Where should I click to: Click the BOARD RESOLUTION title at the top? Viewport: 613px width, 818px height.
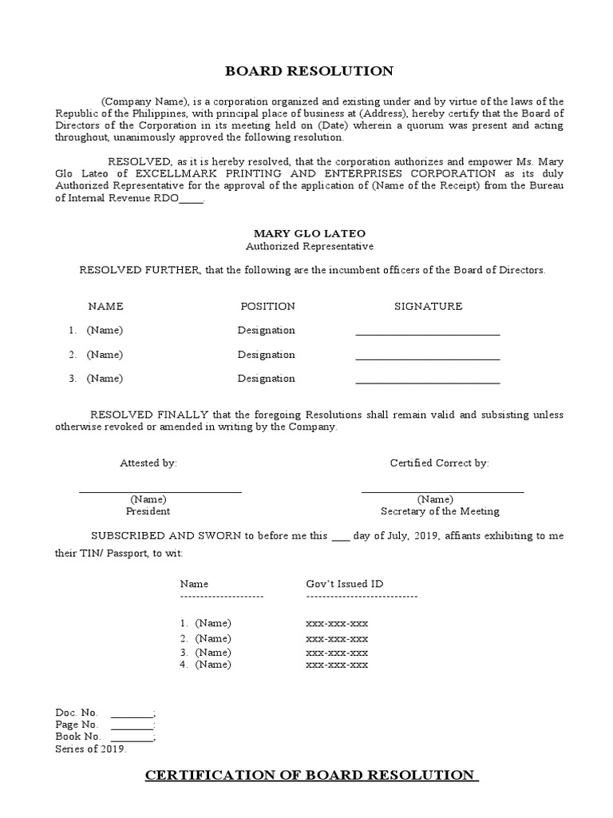tap(310, 71)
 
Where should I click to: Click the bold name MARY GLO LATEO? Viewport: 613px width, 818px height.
tap(309, 233)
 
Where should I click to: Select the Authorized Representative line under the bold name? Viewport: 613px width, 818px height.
tap(309, 247)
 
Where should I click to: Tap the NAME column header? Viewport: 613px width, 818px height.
tap(105, 306)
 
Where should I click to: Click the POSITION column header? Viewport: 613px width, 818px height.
tap(267, 306)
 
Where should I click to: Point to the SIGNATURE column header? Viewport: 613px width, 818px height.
tap(428, 306)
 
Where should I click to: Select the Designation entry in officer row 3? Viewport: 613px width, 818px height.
tap(266, 379)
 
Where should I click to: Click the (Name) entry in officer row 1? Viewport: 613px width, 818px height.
tap(105, 330)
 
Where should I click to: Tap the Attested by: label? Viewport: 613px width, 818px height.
tap(148, 463)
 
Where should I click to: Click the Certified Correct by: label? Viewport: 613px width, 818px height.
tap(439, 463)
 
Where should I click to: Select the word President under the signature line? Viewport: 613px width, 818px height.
tap(148, 511)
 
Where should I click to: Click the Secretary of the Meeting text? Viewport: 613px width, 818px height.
tap(440, 511)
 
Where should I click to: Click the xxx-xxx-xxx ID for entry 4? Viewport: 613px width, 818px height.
tap(337, 665)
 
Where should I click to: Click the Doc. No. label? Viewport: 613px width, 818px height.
tap(77, 712)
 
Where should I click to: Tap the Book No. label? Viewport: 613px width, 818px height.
tap(77, 736)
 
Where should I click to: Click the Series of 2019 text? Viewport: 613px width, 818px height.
tap(90, 749)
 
